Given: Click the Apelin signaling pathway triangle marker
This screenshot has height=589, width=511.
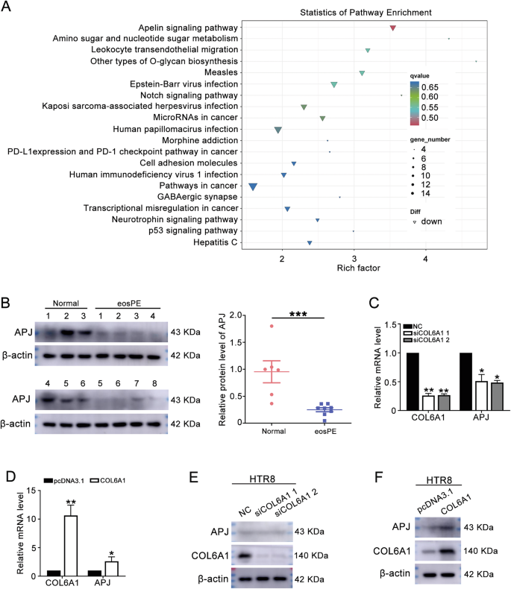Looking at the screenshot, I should coord(392,28).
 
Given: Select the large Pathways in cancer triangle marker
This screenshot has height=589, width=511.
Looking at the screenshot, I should coord(253,186).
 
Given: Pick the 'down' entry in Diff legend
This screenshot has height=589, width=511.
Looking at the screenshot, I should coord(431,221).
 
